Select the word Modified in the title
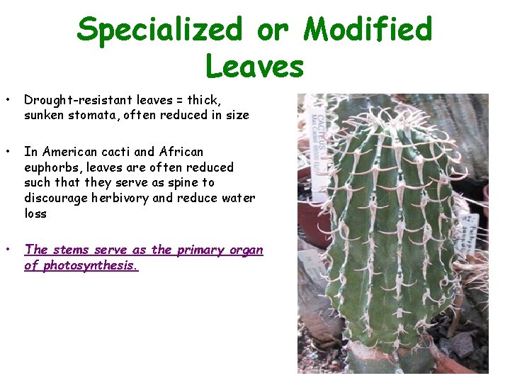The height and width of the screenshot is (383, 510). click(x=368, y=30)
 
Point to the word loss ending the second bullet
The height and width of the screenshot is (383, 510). click(x=35, y=213)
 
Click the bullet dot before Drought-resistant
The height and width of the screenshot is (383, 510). click(x=7, y=100)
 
